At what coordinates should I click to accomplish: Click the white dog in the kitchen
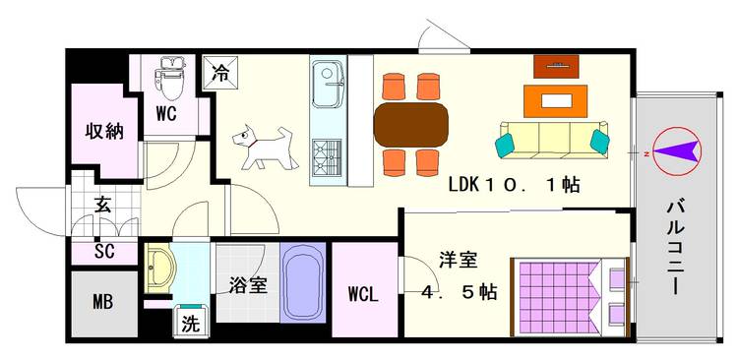click(266, 148)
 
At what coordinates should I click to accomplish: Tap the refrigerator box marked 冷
click(220, 73)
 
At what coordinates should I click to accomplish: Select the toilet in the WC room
click(169, 78)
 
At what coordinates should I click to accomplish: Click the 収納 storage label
click(104, 132)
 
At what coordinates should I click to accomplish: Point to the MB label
click(102, 302)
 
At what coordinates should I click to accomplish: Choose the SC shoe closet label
click(104, 252)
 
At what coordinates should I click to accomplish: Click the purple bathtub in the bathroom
click(303, 282)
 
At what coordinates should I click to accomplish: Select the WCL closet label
click(363, 294)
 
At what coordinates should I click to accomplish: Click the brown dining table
click(411, 125)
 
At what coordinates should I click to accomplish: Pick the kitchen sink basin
click(328, 85)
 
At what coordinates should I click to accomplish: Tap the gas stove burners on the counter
click(327, 156)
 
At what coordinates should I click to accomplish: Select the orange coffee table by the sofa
click(555, 101)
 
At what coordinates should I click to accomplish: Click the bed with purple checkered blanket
click(571, 297)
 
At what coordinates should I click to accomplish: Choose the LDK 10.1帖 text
click(514, 185)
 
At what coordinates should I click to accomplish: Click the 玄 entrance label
click(102, 206)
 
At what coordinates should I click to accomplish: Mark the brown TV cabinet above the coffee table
click(556, 66)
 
